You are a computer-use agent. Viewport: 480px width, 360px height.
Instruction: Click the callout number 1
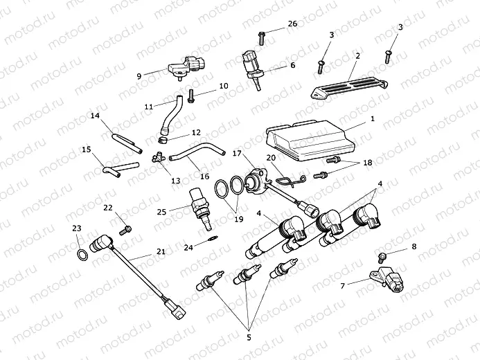pyautogui.click(x=372, y=119)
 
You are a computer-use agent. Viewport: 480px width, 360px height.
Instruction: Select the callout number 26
pyautogui.click(x=292, y=24)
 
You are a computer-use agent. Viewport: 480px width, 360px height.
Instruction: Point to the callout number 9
pyautogui.click(x=139, y=75)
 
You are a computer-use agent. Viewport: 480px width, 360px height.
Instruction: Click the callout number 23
pyautogui.click(x=76, y=228)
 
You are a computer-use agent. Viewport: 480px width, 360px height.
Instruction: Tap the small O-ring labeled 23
pyautogui.click(x=82, y=255)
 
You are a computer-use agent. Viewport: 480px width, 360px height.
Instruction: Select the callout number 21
pyautogui.click(x=160, y=251)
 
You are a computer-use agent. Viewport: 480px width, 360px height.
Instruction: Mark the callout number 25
pyautogui.click(x=161, y=211)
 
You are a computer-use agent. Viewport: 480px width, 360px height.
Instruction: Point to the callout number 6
pyautogui.click(x=292, y=65)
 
